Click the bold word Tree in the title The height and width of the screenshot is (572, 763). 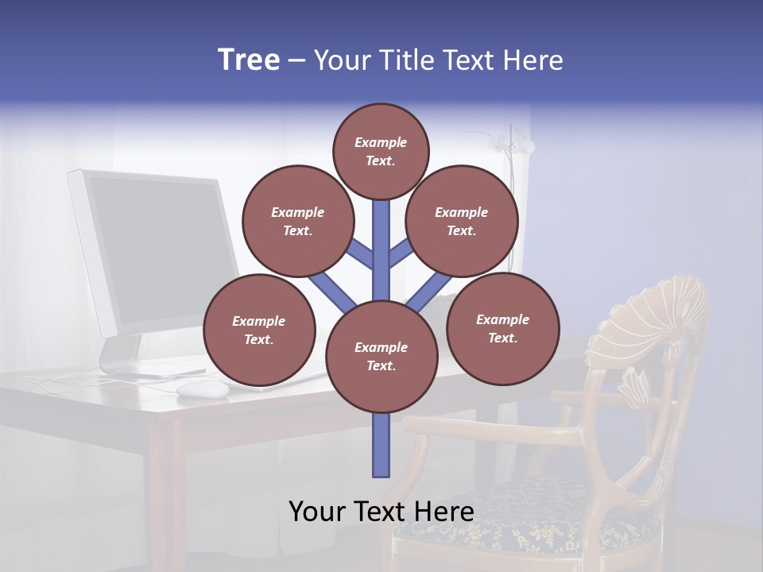pos(249,60)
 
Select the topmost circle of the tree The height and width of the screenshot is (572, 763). pos(381,151)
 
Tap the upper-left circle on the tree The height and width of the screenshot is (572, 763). pos(297,221)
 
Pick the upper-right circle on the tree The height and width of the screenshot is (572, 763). pos(461,221)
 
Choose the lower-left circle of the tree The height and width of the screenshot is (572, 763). pos(259,330)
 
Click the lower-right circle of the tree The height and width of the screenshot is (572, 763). pos(502,327)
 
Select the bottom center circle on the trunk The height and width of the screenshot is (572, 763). pos(381,356)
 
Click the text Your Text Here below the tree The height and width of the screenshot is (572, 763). pos(381,512)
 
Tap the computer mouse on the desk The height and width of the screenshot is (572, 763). pos(202,388)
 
